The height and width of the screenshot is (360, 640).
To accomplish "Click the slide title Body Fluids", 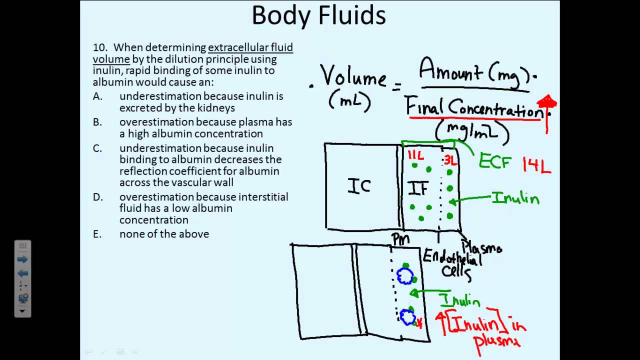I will [318, 16].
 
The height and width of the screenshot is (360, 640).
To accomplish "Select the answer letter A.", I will [97, 96].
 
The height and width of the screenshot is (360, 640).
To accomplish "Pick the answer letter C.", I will [97, 148].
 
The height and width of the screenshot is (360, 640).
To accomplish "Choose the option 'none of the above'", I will [164, 234].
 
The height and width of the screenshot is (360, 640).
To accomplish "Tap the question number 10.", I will [100, 48].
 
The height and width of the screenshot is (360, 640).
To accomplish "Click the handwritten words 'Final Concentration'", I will [474, 107].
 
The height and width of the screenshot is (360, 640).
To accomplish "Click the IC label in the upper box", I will [359, 187].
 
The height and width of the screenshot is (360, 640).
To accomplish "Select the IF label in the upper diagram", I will [418, 188].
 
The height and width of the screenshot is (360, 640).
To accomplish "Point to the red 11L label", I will [415, 156].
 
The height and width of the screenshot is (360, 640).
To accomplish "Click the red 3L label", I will [450, 160].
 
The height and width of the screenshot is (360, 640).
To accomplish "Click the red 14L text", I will [536, 165].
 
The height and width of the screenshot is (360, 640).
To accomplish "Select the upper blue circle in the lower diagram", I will [404, 276].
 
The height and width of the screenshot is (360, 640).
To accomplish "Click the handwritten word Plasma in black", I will [481, 247].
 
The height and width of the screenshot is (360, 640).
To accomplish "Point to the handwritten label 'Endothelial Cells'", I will [452, 264].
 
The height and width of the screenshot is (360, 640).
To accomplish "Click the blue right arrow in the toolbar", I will [22, 259].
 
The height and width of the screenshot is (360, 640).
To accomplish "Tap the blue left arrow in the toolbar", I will [22, 273].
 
